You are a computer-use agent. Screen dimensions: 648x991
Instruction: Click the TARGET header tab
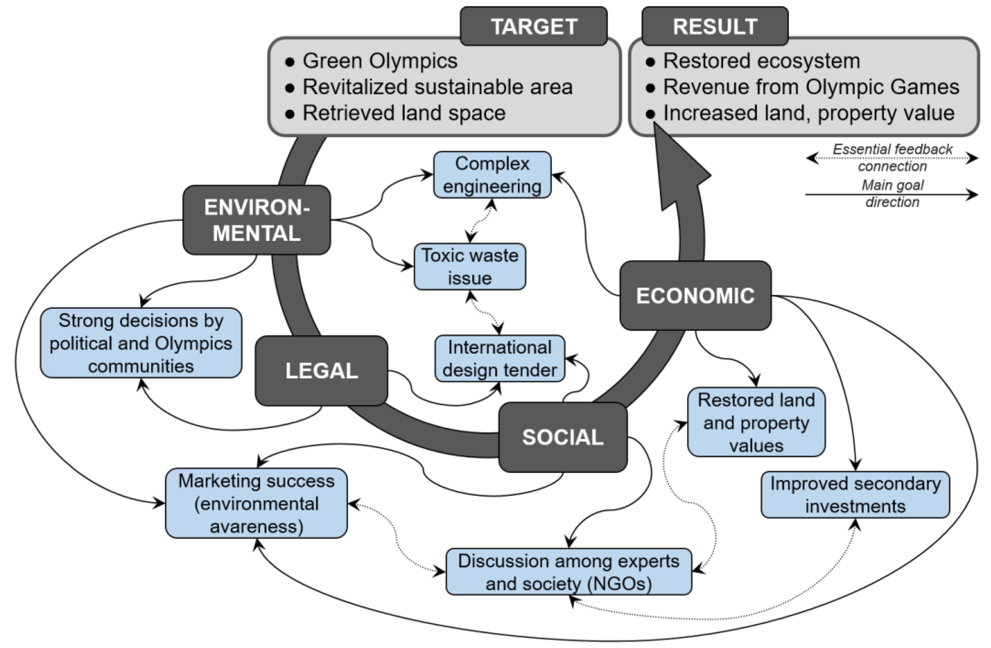(533, 26)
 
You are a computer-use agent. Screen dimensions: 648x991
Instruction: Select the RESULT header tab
(715, 26)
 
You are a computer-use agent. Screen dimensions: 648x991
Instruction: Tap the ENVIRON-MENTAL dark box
(256, 220)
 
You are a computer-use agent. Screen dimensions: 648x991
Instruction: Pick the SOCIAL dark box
(562, 437)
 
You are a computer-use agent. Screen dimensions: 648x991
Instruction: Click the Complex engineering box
(492, 175)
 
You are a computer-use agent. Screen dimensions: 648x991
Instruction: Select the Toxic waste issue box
(470, 267)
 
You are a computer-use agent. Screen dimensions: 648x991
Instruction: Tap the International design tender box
(500, 358)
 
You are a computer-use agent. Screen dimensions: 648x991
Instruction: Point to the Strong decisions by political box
(141, 343)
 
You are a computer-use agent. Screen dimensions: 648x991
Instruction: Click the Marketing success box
(256, 503)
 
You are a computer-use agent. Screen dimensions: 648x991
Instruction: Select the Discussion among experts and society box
(569, 572)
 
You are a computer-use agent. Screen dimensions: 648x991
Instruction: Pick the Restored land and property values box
(756, 422)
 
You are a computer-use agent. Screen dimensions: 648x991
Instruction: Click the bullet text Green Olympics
(380, 61)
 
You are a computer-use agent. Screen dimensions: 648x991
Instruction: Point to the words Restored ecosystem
(761, 61)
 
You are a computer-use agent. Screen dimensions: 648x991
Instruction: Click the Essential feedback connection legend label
(892, 157)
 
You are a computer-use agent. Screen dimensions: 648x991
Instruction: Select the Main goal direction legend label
(892, 193)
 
